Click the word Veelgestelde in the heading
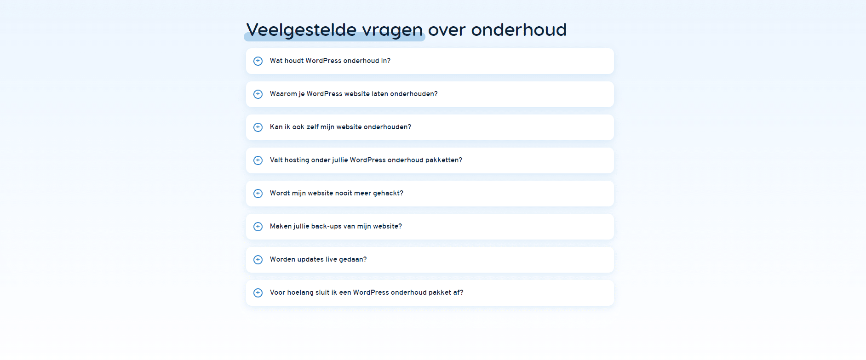coord(301,30)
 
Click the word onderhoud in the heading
coord(519,30)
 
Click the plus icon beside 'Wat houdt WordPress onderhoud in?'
coord(258,61)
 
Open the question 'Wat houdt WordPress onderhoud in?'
coord(330,61)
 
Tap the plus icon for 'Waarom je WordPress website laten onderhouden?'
coord(258,94)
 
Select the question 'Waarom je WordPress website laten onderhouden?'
coord(354,94)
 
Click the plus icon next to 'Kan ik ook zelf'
coord(258,127)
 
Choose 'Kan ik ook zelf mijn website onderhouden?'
coord(340,127)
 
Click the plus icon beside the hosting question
coord(258,160)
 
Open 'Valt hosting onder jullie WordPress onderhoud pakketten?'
coord(366,160)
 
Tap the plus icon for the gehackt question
coord(258,194)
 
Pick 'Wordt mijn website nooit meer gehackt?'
coord(337,193)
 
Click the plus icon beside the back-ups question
coord(258,227)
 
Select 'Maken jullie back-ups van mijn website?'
coord(336,226)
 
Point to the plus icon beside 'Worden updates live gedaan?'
coord(258,260)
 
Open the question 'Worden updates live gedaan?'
coord(318,259)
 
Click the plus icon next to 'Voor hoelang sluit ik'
coord(258,293)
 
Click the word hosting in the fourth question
coord(297,160)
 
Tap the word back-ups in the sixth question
coord(326,227)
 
